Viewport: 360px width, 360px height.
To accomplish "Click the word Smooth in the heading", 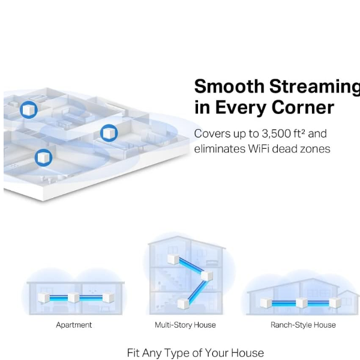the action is click(229, 86).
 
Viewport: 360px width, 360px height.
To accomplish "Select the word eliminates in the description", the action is click(220, 149).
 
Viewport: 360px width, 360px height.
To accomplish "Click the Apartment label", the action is click(74, 325).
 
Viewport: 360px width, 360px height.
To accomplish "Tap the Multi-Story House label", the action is click(185, 325).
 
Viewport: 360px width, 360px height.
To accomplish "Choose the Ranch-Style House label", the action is click(303, 325).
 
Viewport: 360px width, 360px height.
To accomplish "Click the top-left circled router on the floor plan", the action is click(29, 110).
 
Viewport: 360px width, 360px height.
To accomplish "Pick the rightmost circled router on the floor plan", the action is click(109, 133).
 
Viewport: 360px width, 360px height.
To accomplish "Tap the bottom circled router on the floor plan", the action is click(43, 158).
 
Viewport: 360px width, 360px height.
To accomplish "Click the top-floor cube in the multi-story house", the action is click(173, 259).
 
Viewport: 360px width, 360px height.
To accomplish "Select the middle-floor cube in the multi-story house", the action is click(206, 275).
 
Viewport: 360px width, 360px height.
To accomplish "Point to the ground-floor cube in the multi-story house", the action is click(183, 303).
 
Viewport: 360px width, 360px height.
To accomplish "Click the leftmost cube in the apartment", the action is click(44, 298).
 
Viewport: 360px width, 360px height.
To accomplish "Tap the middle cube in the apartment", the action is click(73, 298).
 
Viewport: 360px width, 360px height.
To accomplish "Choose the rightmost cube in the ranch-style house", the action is click(335, 302).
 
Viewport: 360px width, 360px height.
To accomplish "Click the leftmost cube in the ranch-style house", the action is click(266, 303).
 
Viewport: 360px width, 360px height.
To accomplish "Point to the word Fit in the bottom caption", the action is click(133, 353).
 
